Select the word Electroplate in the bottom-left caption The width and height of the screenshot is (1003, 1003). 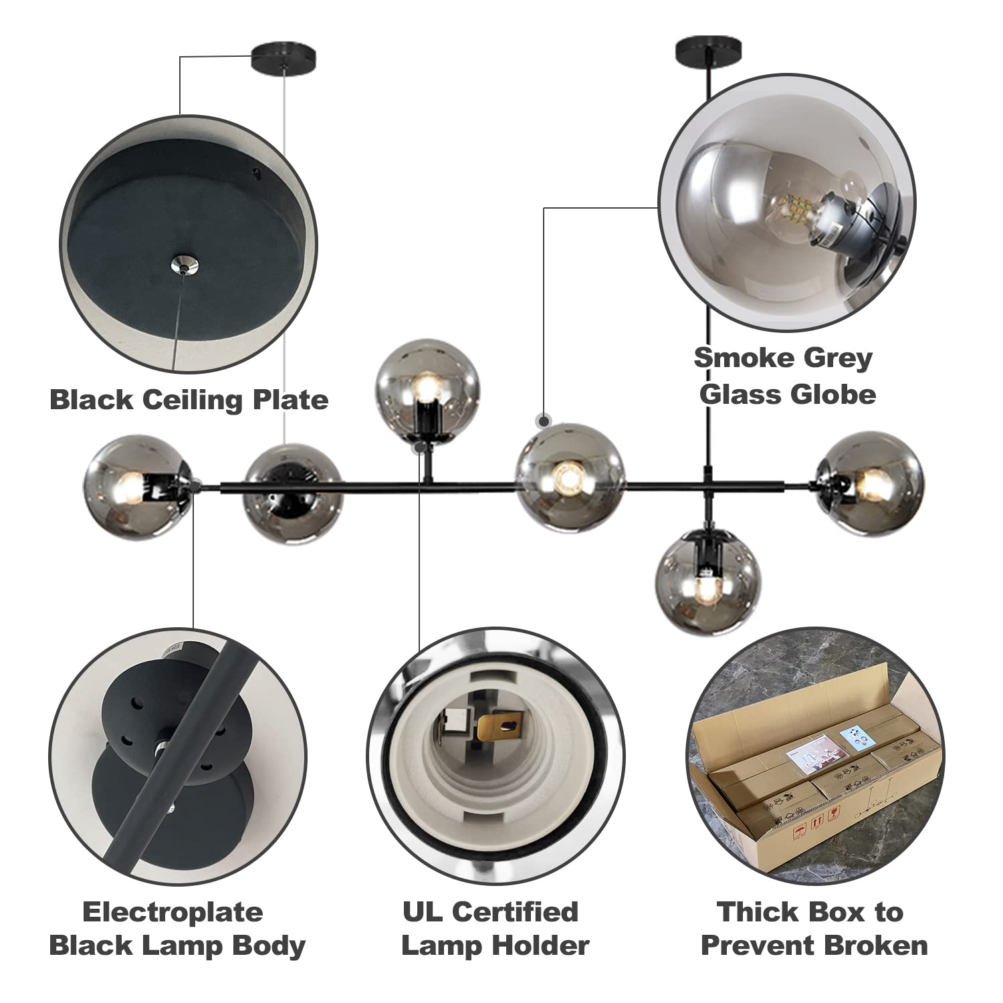(173, 912)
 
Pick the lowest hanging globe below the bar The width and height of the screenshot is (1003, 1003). (704, 576)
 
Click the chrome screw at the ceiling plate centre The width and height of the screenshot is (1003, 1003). (183, 263)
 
